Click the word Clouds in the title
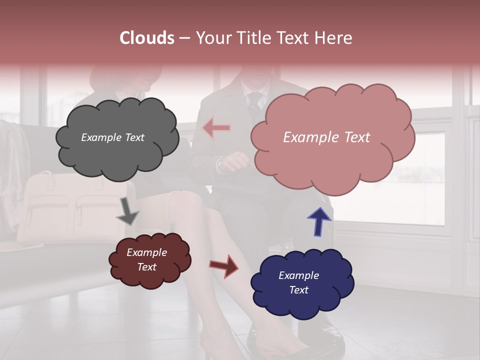146,38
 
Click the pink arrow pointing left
216,128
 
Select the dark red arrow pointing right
224,265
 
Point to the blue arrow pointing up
319,221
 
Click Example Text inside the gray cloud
112,137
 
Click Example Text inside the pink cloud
326,137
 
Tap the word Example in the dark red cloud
146,252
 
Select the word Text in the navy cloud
298,290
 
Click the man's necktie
255,102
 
